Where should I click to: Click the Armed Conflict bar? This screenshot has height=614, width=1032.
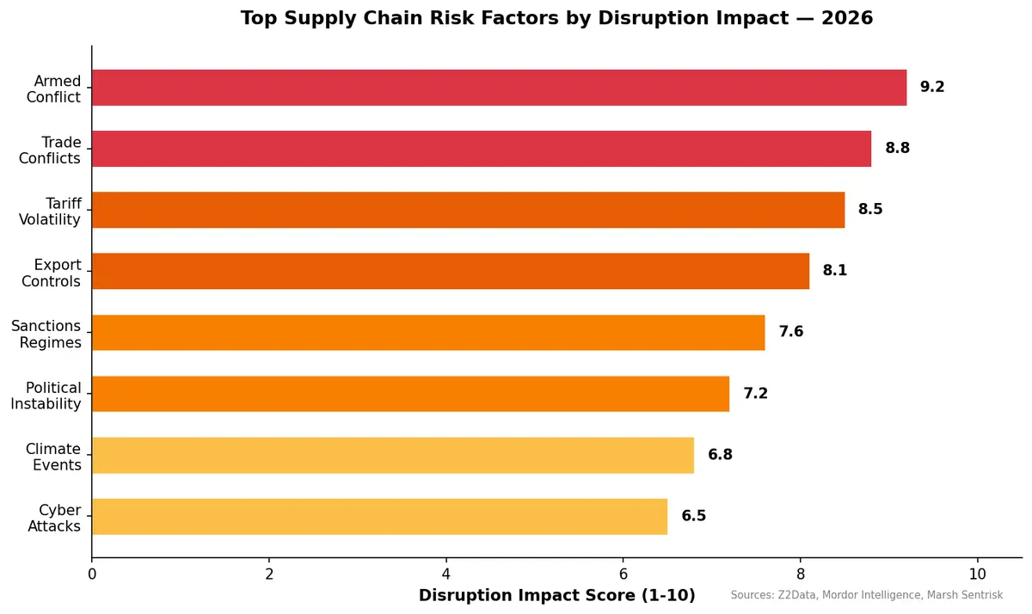point(499,88)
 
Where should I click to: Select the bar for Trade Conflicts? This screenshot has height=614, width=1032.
point(482,149)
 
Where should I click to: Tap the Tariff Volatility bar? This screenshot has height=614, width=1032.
point(468,210)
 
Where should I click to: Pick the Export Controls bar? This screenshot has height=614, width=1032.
point(451,271)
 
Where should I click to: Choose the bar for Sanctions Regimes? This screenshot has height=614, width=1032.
point(428,332)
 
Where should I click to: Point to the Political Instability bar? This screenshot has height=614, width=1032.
point(410,394)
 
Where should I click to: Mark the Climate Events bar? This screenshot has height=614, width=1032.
point(392,455)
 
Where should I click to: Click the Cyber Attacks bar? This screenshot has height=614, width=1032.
point(379,516)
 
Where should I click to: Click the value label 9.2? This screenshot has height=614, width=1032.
point(932,87)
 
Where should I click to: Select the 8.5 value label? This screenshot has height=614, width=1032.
point(870,209)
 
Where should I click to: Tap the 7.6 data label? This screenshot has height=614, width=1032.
point(791,332)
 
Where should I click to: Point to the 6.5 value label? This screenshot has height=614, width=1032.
point(693,516)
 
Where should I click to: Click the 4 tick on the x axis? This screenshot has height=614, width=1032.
point(446,574)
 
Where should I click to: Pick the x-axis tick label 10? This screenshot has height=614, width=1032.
point(977,574)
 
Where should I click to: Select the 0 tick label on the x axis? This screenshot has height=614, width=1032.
point(92,574)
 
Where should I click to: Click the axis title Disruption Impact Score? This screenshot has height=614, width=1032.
point(556,595)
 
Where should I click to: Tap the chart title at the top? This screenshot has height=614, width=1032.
point(556,18)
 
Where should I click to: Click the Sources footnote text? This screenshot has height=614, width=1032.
point(867,595)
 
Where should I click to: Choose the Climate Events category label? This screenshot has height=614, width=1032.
point(53,457)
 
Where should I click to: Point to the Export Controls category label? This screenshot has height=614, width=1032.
point(52,273)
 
